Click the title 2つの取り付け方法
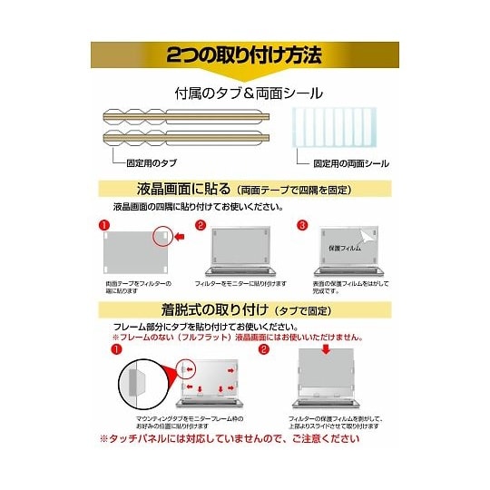click(x=245, y=55)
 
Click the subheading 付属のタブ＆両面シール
click(x=248, y=93)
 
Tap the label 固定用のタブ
click(x=149, y=163)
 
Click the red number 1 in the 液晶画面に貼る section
click(x=105, y=224)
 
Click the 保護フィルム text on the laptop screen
click(x=344, y=248)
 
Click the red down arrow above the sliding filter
click(x=325, y=351)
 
